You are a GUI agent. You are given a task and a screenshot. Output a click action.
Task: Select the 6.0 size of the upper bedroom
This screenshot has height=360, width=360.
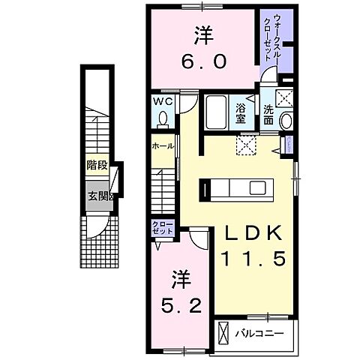(x=201, y=63)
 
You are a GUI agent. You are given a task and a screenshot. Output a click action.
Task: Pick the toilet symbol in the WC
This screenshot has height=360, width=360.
(x=163, y=117)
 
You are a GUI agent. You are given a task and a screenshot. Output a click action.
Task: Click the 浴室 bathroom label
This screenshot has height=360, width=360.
(x=240, y=112)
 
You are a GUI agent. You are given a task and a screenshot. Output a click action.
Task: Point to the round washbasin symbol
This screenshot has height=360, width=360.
(x=284, y=121)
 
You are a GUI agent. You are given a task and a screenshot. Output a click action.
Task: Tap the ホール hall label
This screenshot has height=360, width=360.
(x=163, y=145)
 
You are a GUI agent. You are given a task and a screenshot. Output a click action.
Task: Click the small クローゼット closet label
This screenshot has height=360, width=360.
(x=161, y=228)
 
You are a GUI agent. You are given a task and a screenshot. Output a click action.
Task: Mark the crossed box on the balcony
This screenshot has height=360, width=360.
(x=223, y=331)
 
